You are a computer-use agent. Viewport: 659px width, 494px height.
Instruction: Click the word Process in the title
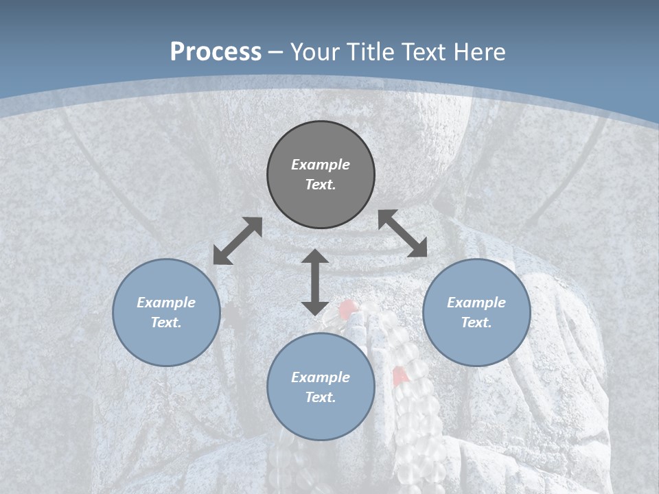pyautogui.click(x=216, y=52)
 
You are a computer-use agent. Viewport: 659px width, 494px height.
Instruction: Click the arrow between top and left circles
pyautogui.click(x=238, y=241)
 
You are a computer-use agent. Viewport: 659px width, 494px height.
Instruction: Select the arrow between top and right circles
pyautogui.click(x=402, y=233)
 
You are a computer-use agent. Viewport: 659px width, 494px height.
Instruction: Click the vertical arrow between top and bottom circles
pyautogui.click(x=315, y=282)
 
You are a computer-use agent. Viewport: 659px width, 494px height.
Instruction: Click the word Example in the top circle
pyautogui.click(x=321, y=165)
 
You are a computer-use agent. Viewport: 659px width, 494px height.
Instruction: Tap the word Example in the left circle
pyautogui.click(x=166, y=303)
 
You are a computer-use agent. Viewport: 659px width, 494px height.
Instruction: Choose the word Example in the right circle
pyautogui.click(x=476, y=303)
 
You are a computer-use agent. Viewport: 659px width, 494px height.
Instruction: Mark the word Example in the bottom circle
pyautogui.click(x=321, y=377)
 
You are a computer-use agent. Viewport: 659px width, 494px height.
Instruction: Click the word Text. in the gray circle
pyautogui.click(x=321, y=185)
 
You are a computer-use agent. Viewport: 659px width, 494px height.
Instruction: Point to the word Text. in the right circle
pyautogui.click(x=476, y=322)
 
